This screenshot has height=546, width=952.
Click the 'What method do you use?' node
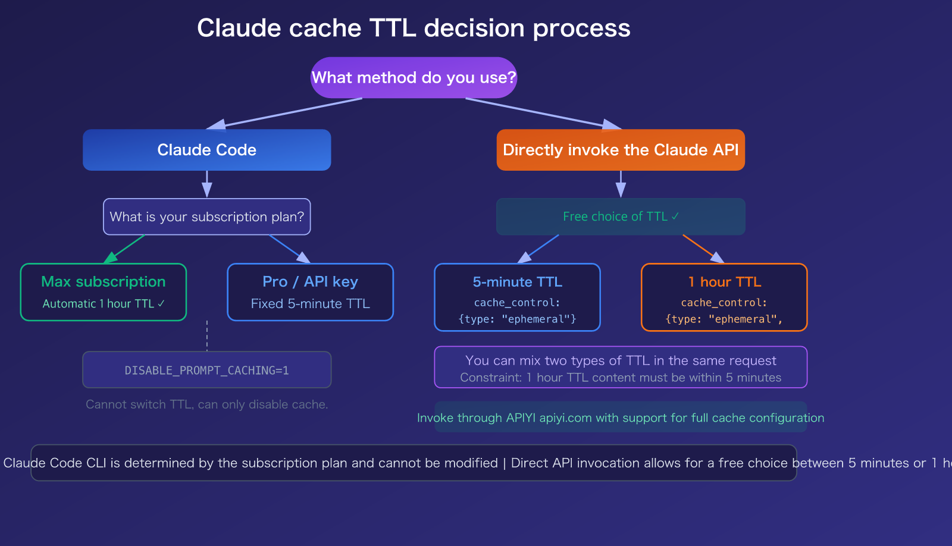[x=414, y=78]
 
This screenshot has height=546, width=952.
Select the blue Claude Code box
[x=206, y=150]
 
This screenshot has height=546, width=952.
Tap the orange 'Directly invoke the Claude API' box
[x=621, y=150]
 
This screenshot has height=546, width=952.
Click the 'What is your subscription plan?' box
[x=206, y=216]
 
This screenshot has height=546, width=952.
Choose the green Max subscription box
[x=104, y=292]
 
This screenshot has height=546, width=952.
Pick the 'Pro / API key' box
[x=310, y=292]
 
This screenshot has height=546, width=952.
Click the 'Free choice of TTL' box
[x=621, y=216]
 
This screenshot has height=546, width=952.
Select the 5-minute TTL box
[x=517, y=297]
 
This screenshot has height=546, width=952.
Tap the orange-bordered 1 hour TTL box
[x=724, y=297]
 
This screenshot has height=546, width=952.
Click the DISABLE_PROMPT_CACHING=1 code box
[x=206, y=370]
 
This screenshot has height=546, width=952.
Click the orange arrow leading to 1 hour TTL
[x=702, y=247]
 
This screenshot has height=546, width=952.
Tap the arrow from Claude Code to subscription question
[x=206, y=183]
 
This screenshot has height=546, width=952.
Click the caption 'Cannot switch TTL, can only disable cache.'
[x=206, y=404]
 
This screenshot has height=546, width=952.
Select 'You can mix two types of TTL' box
[x=621, y=368]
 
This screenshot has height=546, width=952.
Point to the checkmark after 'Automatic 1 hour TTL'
[x=161, y=303]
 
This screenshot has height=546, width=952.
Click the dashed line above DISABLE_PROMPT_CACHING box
[x=206, y=336]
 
